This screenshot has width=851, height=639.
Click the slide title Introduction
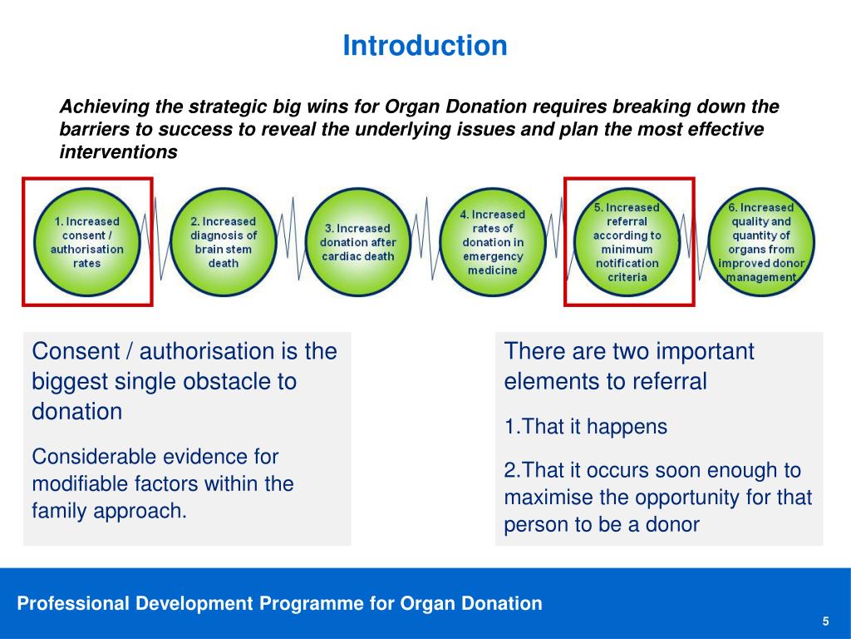click(425, 46)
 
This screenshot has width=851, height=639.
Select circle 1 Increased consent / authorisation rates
click(86, 242)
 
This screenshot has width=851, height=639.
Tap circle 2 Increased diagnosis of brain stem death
click(223, 242)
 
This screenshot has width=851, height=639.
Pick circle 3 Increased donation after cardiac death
click(357, 242)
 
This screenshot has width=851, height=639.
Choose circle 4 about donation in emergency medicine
click(492, 242)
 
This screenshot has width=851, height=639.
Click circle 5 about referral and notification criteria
click(627, 242)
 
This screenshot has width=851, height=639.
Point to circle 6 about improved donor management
click(761, 242)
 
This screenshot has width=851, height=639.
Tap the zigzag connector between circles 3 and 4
click(426, 238)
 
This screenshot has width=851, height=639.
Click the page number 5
click(825, 621)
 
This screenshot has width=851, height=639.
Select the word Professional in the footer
click(73, 603)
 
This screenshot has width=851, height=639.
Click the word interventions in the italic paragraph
click(118, 152)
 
